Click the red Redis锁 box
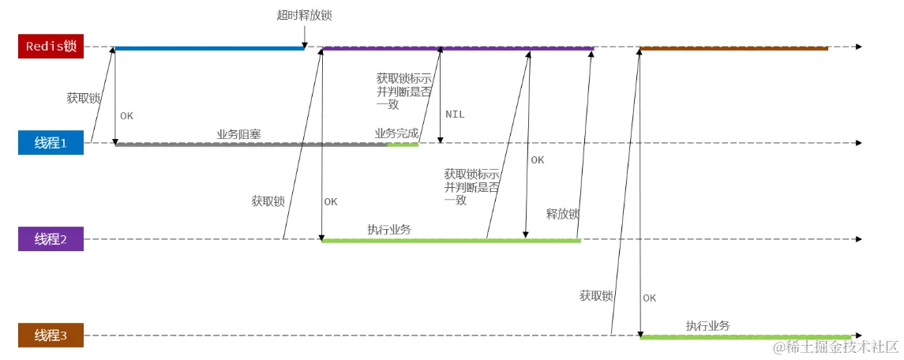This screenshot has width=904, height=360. [51, 47]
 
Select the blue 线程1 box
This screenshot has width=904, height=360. [51, 143]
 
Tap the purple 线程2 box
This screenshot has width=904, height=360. [51, 239]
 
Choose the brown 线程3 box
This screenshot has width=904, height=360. [51, 336]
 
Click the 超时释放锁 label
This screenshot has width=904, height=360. [299, 15]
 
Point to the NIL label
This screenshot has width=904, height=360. [455, 114]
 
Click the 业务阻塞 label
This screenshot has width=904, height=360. [238, 134]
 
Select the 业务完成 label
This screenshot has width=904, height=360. [396, 133]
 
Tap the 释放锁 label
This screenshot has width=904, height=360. [563, 214]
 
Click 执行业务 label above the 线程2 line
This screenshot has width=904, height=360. [388, 230]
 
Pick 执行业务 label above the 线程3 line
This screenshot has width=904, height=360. [707, 326]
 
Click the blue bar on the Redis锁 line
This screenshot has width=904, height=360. [209, 48]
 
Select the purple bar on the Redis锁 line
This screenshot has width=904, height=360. [458, 48]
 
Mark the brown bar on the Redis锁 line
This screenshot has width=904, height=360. [734, 48]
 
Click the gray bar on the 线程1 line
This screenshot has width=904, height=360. [251, 144]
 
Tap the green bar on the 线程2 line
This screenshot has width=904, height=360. [450, 240]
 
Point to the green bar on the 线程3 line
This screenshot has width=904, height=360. [745, 337]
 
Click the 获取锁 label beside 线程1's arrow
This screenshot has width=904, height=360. [83, 99]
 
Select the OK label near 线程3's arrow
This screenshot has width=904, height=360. [649, 298]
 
